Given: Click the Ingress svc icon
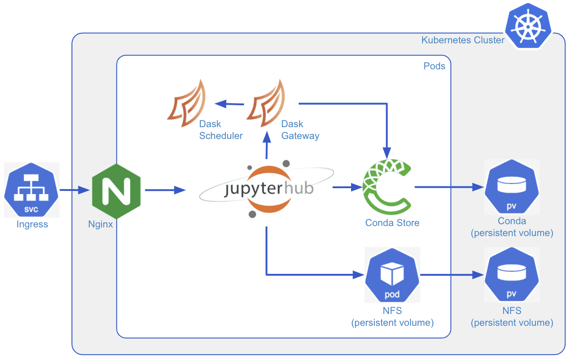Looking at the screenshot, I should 32,189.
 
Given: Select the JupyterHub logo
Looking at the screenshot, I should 268,188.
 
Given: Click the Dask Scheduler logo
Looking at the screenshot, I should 186,103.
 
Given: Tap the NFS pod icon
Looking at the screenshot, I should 392,275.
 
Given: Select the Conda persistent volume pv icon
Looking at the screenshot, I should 512,187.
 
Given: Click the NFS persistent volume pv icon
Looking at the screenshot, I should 512,275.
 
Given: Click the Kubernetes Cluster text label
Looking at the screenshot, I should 463,40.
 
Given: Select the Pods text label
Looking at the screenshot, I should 434,66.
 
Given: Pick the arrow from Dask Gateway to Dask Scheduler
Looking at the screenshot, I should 229,104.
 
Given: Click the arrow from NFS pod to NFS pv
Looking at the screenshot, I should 451,275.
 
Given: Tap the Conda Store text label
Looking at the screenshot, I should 392,223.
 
